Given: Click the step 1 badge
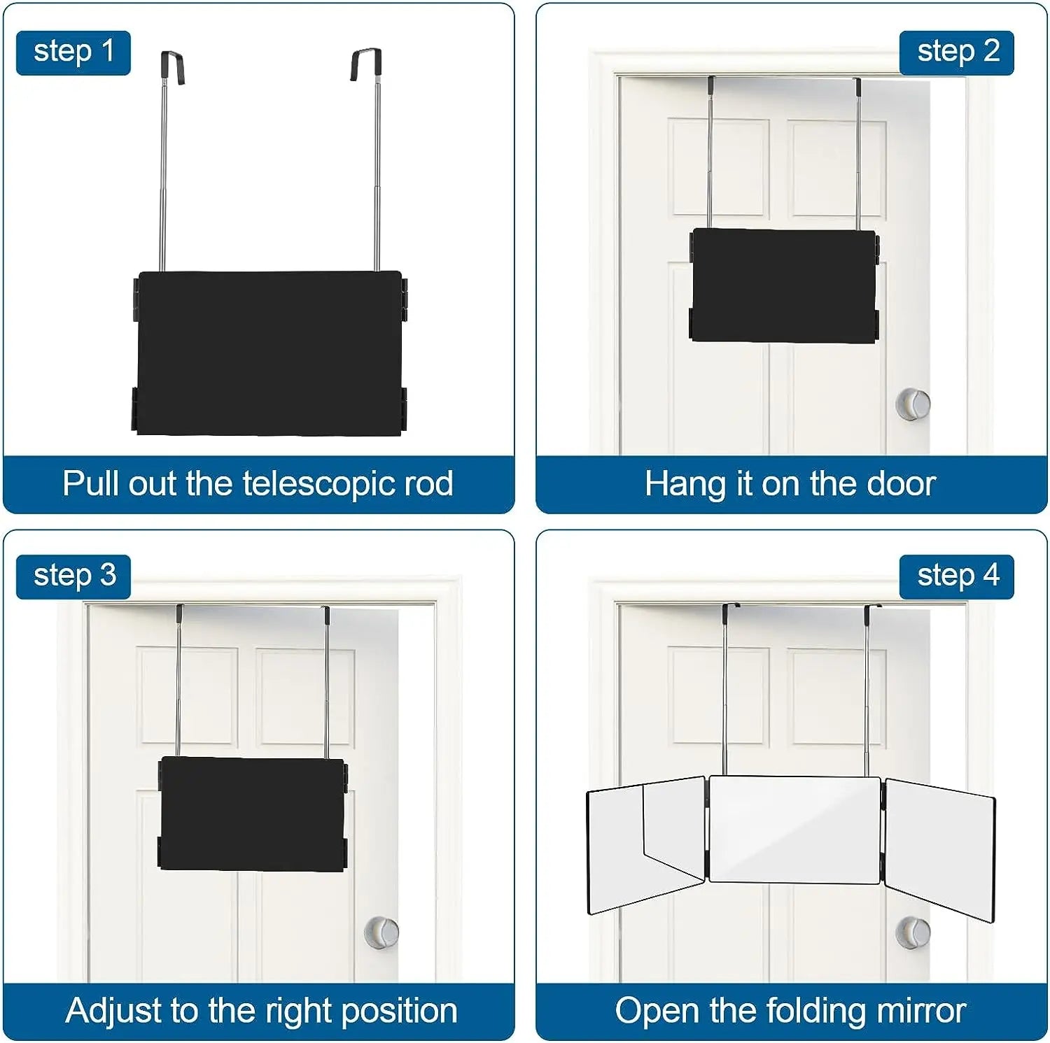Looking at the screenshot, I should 73,52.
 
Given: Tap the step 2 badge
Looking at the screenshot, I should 957,52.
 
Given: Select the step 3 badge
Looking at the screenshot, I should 73,576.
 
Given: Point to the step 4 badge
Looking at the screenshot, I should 957,576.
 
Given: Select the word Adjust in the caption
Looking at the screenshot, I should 113,1012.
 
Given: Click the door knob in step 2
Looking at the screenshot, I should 913,404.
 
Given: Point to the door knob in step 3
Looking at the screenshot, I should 381,932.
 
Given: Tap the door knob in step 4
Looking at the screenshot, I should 913,932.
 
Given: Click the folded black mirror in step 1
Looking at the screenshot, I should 269,353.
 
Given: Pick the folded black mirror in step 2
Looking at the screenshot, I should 784,285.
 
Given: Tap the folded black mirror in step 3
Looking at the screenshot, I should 253,814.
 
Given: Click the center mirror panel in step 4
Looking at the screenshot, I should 794,829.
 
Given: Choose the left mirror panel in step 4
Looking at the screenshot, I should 645,843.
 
